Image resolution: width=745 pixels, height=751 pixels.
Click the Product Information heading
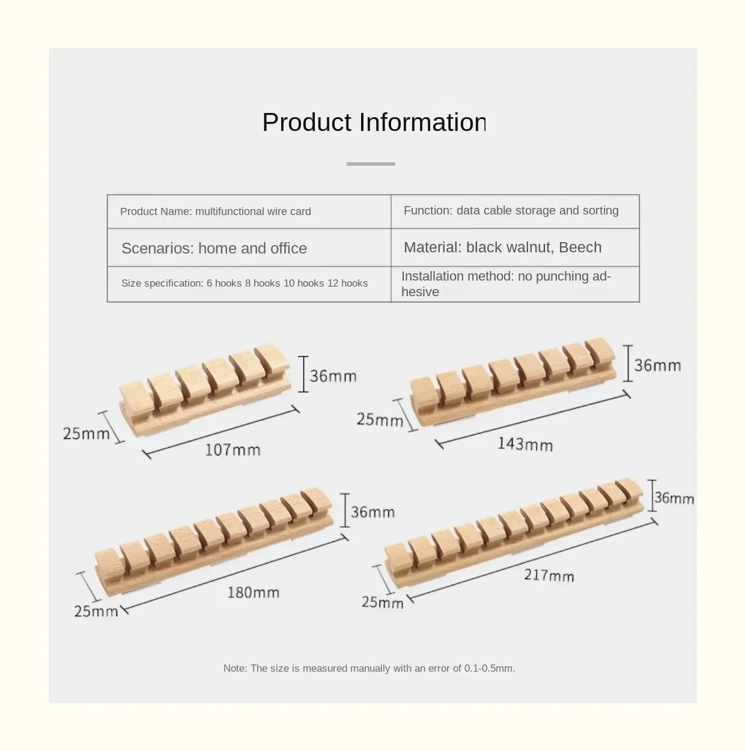tap(374, 123)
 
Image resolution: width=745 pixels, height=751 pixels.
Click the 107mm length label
tap(233, 449)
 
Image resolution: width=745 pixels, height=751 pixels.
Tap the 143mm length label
tap(525, 444)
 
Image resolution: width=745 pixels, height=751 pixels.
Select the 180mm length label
tap(253, 592)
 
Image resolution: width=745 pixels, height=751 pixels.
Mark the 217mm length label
tap(549, 575)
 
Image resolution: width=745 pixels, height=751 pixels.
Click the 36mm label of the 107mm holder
tap(333, 376)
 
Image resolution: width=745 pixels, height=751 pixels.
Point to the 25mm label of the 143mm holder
tap(379, 419)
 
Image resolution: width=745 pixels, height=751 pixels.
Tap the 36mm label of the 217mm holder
tap(674, 497)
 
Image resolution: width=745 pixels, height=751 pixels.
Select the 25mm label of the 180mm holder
tap(96, 611)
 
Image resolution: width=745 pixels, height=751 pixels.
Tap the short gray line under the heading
tap(371, 163)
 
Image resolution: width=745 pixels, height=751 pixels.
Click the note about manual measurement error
tap(369, 668)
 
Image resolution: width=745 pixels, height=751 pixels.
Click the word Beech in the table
tap(580, 247)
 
